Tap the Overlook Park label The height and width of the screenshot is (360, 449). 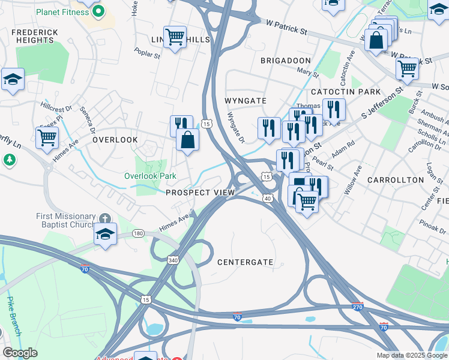[150, 176]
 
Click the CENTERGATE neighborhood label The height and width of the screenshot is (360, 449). [245, 262]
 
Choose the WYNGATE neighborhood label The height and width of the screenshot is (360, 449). [245, 100]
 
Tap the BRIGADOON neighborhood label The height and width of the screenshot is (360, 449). [286, 61]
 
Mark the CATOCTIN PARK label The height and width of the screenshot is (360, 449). [346, 92]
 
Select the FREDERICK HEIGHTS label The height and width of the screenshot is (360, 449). [35, 36]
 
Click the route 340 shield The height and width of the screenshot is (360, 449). [172, 260]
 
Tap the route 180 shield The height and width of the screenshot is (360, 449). [139, 233]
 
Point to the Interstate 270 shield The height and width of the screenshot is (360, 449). [357, 307]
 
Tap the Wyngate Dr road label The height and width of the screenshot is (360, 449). [236, 127]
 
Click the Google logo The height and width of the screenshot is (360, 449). [20, 353]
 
